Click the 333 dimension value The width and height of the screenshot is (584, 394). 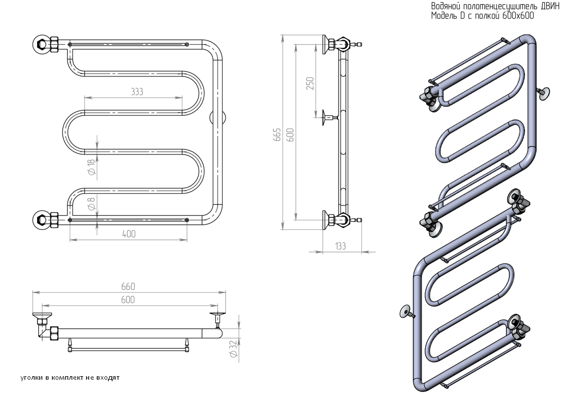(136, 92)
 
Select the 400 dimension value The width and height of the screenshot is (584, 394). (129, 233)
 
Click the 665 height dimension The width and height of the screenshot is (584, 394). (278, 135)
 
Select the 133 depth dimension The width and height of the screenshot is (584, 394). (341, 246)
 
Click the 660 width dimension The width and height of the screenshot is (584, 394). (128, 287)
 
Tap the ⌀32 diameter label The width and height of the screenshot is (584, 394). (234, 348)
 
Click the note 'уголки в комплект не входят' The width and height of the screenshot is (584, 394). (70, 378)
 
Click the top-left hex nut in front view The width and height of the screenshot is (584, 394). (42, 44)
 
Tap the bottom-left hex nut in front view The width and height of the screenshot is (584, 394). (42, 220)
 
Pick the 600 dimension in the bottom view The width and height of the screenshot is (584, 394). (128, 300)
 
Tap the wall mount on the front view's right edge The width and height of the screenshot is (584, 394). (212, 117)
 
